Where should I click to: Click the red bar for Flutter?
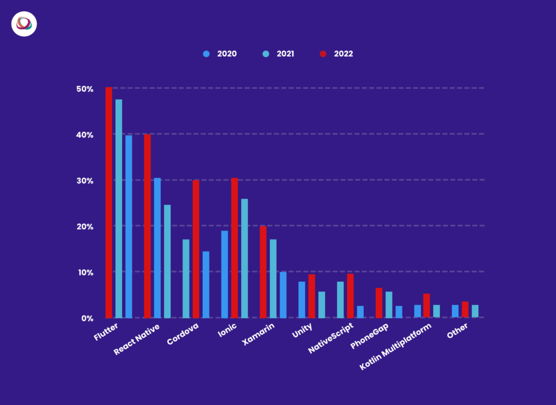point(109,202)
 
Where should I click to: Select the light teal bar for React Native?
point(167,261)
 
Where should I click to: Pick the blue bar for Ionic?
point(225,274)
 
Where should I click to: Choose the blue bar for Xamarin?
point(283,294)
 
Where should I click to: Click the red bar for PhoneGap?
point(379,302)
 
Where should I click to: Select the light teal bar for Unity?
point(321,305)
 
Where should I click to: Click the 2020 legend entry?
point(220,54)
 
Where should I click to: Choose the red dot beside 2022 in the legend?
point(323,54)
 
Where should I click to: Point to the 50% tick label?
point(85,88)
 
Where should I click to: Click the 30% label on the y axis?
point(85,180)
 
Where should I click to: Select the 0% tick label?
point(87,318)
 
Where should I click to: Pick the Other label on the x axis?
point(457,332)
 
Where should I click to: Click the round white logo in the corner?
point(24,24)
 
